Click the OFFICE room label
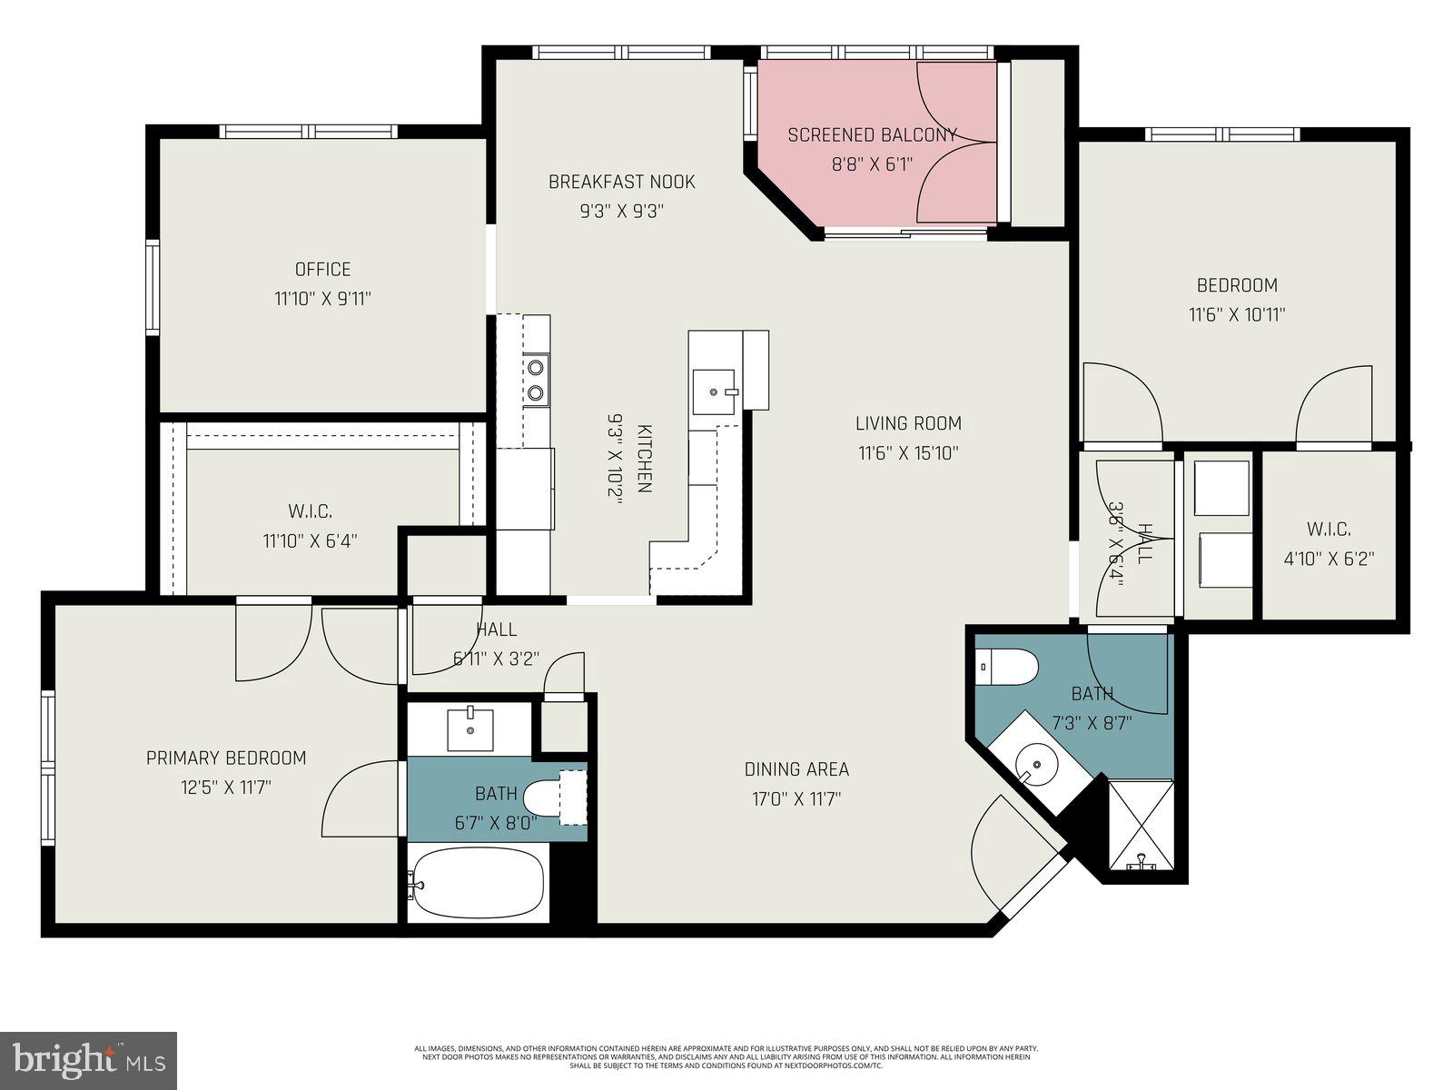click(322, 270)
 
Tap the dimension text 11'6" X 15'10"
click(908, 453)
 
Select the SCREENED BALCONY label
click(872, 135)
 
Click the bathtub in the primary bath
click(477, 882)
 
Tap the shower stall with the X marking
click(1142, 825)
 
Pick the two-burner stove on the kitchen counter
click(537, 380)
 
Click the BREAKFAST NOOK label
click(621, 182)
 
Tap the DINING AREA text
click(796, 769)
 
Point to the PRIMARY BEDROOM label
click(226, 758)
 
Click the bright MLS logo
click(88, 1059)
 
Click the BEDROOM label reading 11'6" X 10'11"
click(1237, 285)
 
